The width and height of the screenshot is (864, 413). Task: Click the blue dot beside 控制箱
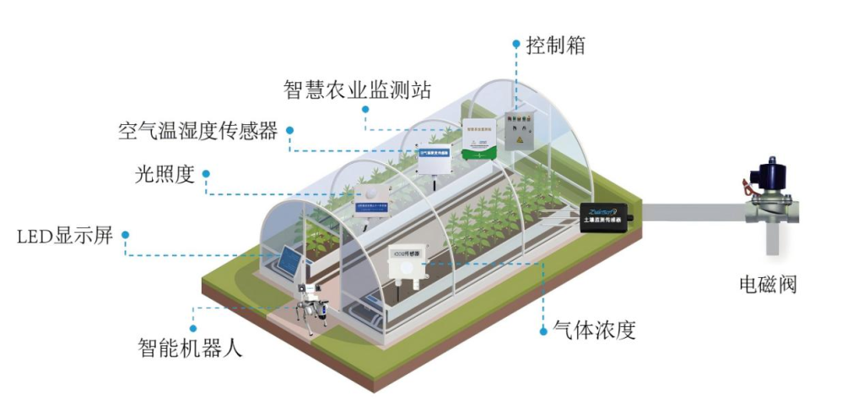(516, 43)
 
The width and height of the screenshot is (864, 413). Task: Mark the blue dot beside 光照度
(206, 174)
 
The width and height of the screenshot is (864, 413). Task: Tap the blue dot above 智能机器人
(193, 328)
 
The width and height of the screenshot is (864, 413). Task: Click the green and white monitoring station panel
(478, 139)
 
